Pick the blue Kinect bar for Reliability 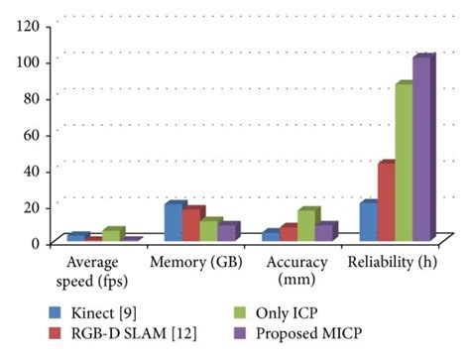tap(367, 221)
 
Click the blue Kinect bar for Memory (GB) tap(174, 222)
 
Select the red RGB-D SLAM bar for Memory tap(191, 225)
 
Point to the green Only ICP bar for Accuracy tap(306, 225)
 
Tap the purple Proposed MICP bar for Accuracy tap(325, 232)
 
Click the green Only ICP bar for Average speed tap(112, 235)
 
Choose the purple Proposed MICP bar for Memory tap(228, 232)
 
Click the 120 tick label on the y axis tap(28, 25)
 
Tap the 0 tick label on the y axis tap(36, 242)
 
